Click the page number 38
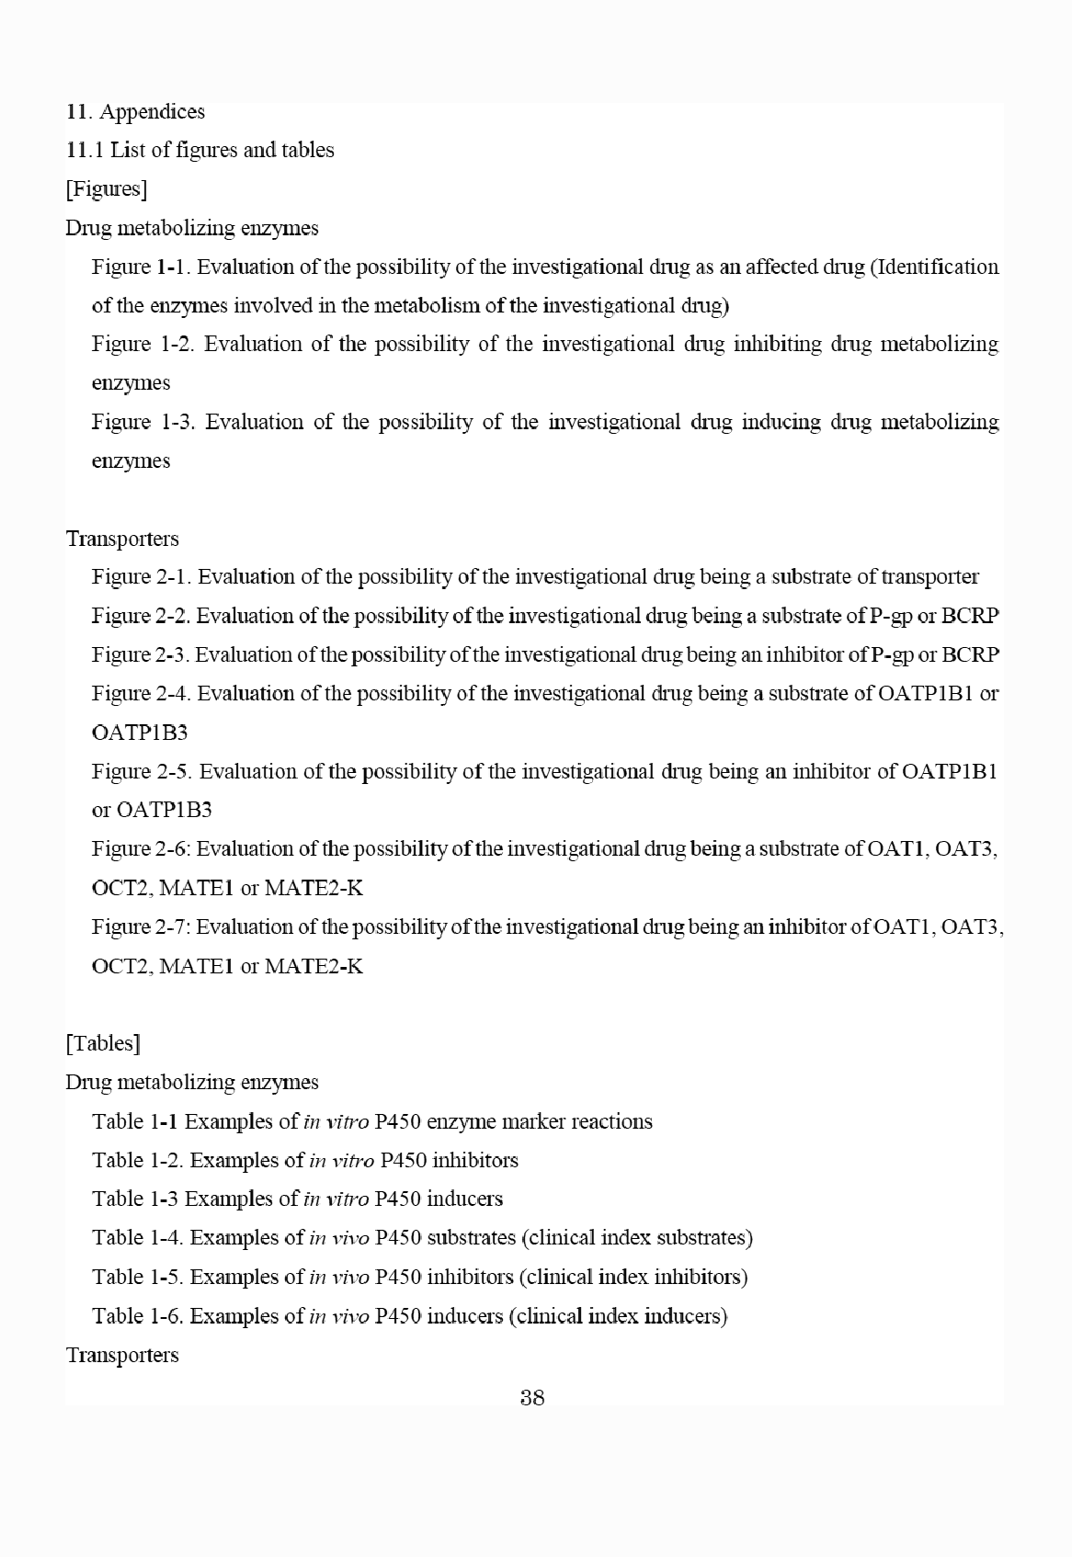(532, 1398)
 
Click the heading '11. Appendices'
(135, 111)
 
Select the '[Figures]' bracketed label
(107, 189)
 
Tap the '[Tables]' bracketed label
(103, 1043)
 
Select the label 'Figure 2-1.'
(142, 577)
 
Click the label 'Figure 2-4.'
(142, 693)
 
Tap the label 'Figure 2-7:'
(142, 926)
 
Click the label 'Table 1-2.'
(138, 1160)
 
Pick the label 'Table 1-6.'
(138, 1315)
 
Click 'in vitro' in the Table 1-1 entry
(336, 1121)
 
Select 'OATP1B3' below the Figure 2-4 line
(140, 733)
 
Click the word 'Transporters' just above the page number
(122, 1355)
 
